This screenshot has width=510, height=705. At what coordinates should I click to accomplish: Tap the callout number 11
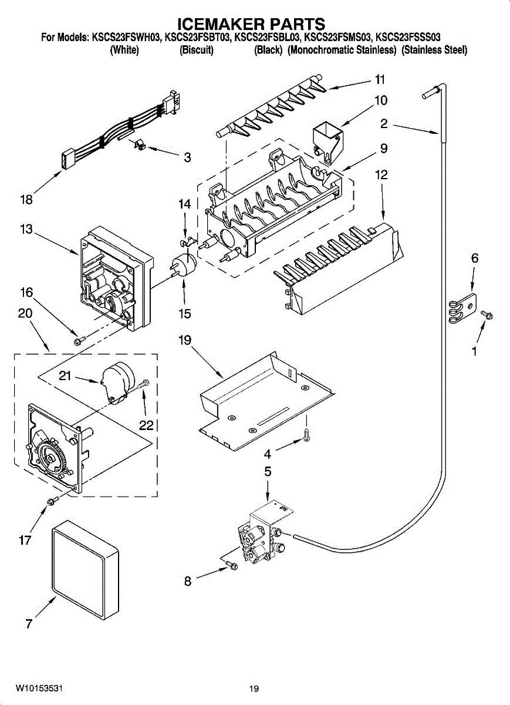tap(380, 79)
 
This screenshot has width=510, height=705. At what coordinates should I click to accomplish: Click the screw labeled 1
tap(487, 316)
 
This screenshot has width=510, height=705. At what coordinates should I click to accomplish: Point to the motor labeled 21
tap(117, 382)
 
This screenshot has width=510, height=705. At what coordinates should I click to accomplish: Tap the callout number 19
tap(185, 340)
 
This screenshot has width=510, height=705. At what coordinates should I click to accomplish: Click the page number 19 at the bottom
tap(254, 689)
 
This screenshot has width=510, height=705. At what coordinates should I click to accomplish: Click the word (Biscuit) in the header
tap(196, 51)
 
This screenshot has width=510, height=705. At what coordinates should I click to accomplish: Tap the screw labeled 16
tap(77, 338)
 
